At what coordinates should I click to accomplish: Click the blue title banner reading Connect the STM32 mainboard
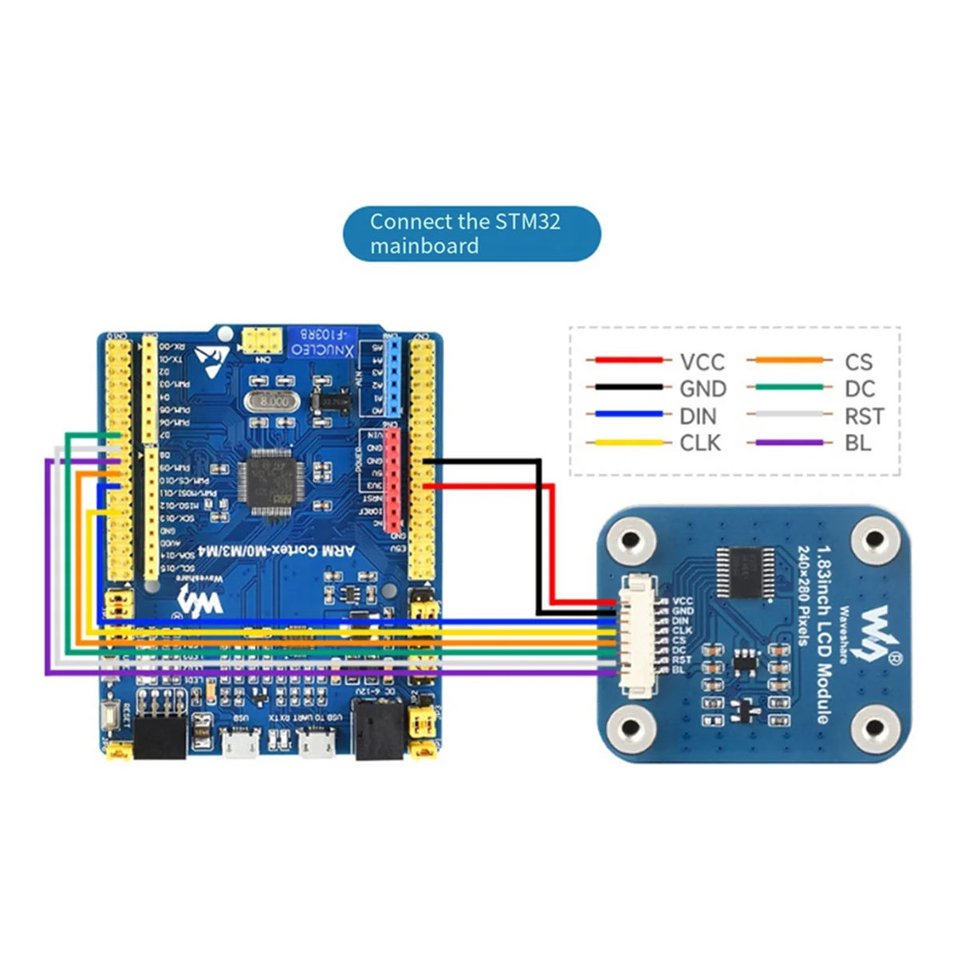[471, 234]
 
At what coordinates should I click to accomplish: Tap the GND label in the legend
[703, 389]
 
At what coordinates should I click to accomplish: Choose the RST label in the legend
[864, 416]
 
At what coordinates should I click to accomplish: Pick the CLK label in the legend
[700, 443]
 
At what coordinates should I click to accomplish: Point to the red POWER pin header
[392, 480]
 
